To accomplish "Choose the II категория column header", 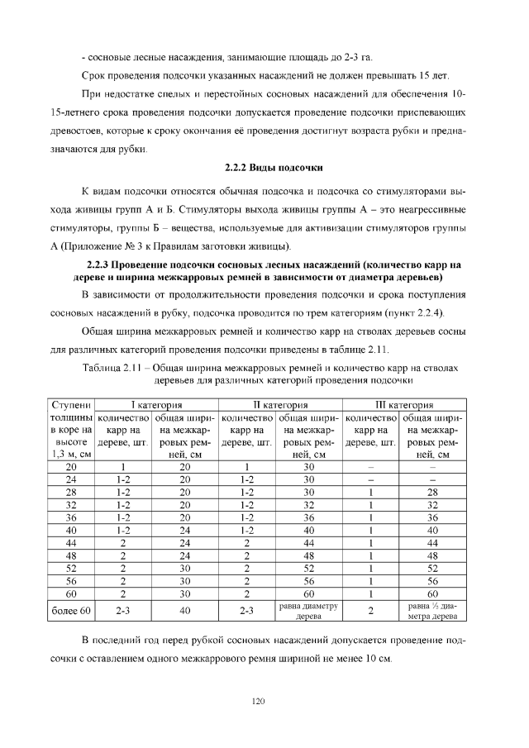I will [280, 405].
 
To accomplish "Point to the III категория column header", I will [405, 405].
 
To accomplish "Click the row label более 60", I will [70, 612].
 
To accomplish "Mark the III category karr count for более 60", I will [371, 612].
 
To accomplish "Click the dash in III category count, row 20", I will [371, 467].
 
